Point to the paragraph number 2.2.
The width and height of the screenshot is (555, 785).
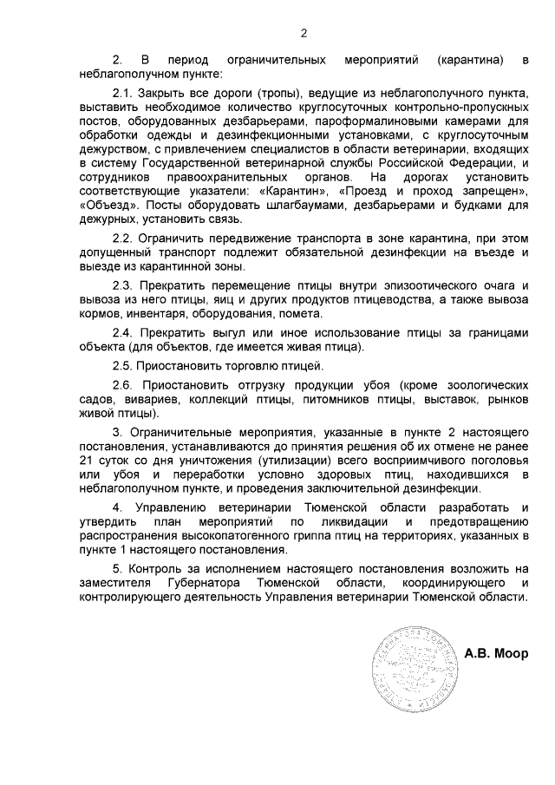point(126,239)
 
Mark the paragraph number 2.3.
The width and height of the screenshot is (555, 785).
point(126,285)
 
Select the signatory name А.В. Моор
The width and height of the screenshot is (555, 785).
point(495,653)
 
